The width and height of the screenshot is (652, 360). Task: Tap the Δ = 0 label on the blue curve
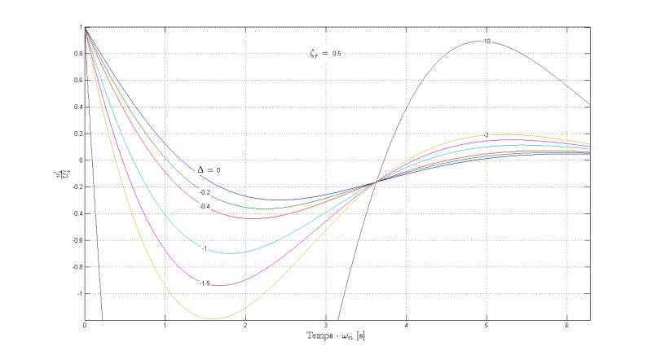click(x=209, y=169)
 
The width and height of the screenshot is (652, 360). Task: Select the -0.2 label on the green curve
click(x=205, y=193)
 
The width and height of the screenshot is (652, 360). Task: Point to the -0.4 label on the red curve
click(x=205, y=207)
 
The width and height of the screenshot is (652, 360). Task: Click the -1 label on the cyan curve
click(x=205, y=248)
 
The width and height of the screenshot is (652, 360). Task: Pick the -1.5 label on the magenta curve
click(x=205, y=283)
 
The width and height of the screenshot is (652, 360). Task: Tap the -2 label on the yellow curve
click(x=486, y=135)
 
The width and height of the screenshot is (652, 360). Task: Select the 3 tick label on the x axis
click(x=326, y=326)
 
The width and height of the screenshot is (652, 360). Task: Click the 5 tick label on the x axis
click(x=487, y=326)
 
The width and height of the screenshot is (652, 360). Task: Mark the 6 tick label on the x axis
click(x=566, y=326)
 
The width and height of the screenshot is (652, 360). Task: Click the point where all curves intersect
click(x=376, y=182)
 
